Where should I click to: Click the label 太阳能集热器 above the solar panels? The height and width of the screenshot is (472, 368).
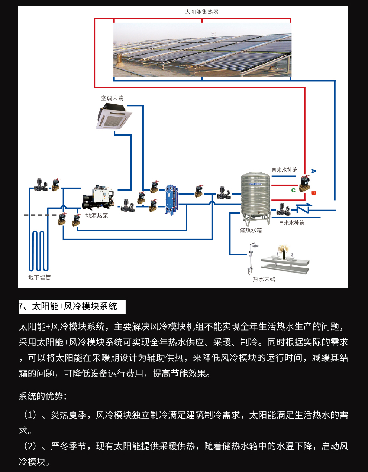(201, 12)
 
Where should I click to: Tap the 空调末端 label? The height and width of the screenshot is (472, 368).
(112, 98)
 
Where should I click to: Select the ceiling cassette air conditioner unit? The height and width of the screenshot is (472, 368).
(113, 116)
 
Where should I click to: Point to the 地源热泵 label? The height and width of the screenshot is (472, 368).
(97, 215)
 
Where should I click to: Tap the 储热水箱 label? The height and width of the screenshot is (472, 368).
(251, 230)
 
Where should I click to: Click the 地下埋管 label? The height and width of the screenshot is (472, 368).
(39, 277)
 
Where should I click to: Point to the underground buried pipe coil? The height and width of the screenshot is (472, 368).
(38, 251)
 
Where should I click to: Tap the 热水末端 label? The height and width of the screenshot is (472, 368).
(264, 279)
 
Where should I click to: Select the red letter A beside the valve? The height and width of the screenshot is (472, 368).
(313, 171)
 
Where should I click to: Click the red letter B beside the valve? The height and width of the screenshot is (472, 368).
(313, 193)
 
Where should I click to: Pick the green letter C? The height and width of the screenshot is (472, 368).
(293, 191)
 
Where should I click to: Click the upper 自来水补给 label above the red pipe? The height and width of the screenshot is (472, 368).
(284, 170)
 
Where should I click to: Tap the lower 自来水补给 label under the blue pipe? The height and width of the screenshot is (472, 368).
(292, 223)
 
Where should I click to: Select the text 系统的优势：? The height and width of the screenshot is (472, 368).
(43, 396)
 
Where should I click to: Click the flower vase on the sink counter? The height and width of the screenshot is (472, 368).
(284, 252)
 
